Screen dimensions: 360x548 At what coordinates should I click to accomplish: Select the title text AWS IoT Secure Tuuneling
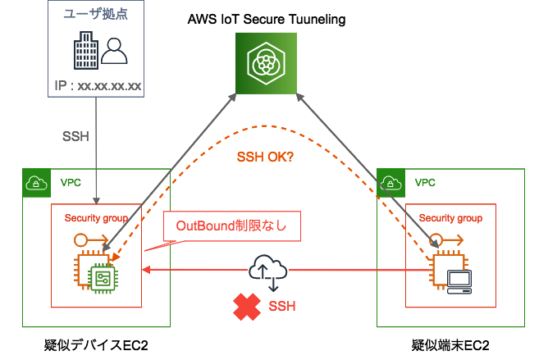pos(265,18)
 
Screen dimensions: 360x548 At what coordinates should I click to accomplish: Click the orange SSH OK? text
pos(265,157)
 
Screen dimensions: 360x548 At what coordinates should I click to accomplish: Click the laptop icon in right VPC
pos(457,280)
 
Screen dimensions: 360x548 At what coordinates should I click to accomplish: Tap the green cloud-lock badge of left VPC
pos(36,182)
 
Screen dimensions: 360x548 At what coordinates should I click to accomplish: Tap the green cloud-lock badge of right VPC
pos(390,182)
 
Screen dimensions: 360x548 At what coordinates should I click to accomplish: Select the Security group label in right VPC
pos(450,218)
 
